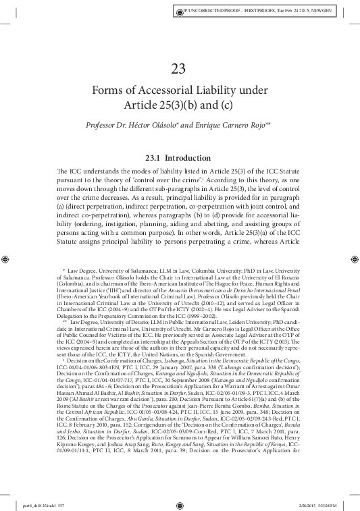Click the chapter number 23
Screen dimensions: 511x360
(x=180, y=68)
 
